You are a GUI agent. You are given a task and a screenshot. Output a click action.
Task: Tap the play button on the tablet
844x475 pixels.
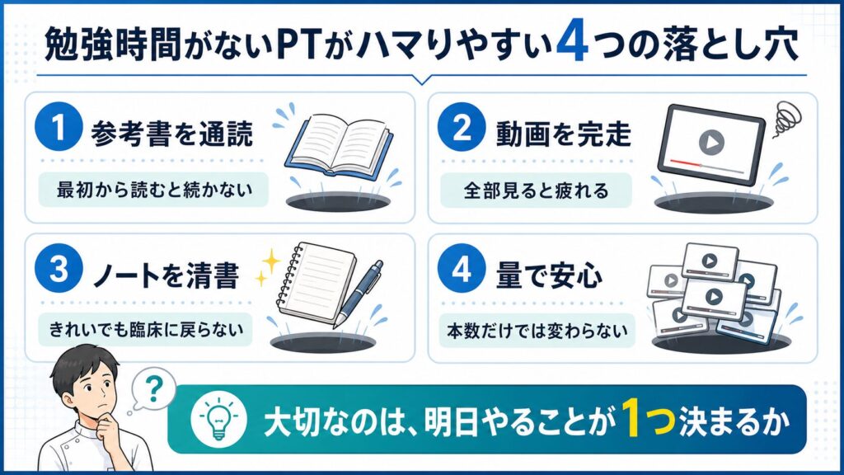click(x=711, y=142)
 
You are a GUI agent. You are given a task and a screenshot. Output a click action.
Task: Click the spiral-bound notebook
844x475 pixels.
click(x=316, y=284)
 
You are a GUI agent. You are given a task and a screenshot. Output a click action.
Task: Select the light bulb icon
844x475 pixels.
click(x=218, y=418)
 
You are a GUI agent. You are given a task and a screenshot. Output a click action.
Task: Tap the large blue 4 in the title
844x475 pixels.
click(x=572, y=45)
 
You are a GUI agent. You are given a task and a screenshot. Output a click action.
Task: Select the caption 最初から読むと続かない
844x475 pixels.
click(x=154, y=190)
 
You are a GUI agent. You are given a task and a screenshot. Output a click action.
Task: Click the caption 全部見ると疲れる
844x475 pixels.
click(x=536, y=190)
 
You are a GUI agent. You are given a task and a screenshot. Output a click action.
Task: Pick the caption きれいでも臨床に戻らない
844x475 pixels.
click(x=146, y=329)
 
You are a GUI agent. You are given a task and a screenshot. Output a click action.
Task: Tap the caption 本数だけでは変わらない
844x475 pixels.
click(x=537, y=330)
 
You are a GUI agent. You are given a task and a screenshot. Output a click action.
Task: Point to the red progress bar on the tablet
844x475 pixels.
click(x=685, y=162)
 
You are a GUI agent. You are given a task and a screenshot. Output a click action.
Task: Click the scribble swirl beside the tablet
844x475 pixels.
click(x=787, y=119)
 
